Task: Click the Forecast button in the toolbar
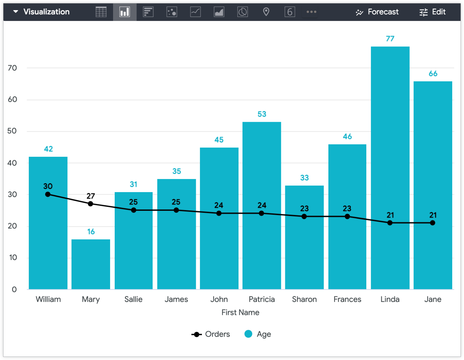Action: (377, 12)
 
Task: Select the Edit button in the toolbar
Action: (432, 12)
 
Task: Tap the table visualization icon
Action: (101, 12)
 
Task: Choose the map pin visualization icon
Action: (266, 12)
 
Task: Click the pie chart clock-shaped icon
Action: (242, 12)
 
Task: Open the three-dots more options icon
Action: (311, 12)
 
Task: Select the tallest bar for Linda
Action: (390, 131)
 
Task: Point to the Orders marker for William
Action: (48, 194)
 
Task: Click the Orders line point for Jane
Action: (433, 223)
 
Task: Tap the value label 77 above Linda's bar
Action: (390, 39)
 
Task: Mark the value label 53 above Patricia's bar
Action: (262, 114)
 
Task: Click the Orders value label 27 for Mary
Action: (91, 196)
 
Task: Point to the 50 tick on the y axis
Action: (12, 131)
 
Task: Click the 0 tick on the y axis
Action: (14, 289)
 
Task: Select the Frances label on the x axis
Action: (347, 299)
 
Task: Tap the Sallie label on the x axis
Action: (133, 299)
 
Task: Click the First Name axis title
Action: (240, 313)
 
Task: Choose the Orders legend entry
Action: (211, 334)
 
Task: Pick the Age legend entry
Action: (258, 334)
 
